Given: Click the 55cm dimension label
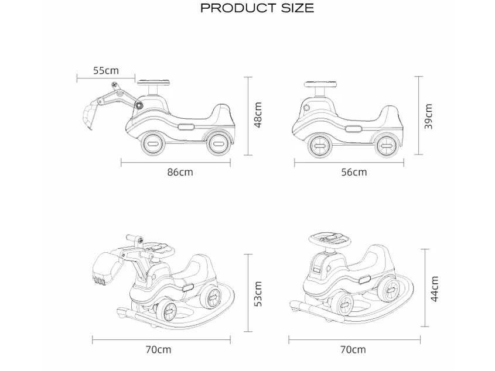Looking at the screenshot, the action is [x=106, y=70].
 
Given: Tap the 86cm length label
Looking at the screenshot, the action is [x=180, y=172].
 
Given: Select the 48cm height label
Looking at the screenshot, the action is [x=258, y=115].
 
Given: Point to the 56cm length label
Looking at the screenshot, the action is [x=354, y=172].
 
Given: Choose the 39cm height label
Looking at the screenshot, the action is [x=428, y=116].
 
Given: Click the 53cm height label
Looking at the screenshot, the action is [x=258, y=294].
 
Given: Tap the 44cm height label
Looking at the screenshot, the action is [x=435, y=289].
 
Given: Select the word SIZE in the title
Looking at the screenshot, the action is [x=298, y=8].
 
